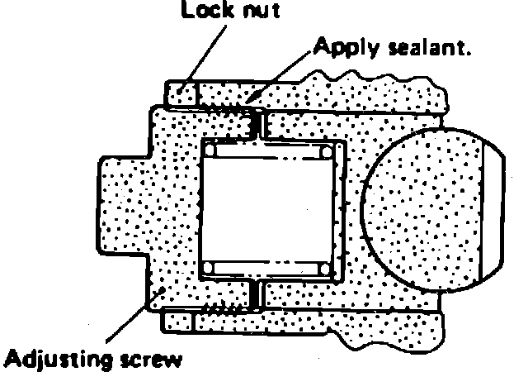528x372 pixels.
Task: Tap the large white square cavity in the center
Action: coord(268,208)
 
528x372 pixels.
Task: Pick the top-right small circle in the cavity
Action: coord(326,152)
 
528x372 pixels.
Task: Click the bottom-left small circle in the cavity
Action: coord(211,266)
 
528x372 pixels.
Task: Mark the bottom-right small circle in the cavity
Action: coord(326,266)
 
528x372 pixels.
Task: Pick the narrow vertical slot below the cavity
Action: coord(260,293)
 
